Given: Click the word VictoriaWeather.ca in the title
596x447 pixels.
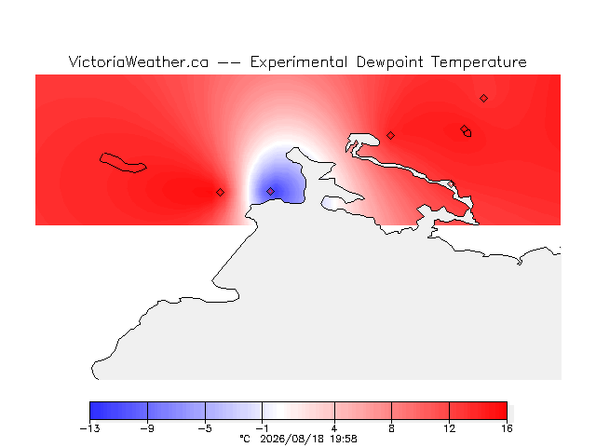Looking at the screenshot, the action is [x=139, y=61].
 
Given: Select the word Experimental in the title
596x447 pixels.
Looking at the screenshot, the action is [x=298, y=62].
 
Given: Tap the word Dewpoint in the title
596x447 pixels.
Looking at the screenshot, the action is [x=389, y=62].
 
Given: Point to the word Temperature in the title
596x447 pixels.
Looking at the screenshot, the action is [x=479, y=62].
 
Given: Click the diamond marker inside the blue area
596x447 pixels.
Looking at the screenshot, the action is [x=270, y=191].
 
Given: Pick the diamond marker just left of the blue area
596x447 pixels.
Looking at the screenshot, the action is [x=220, y=193].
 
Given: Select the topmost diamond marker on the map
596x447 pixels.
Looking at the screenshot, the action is [x=483, y=99].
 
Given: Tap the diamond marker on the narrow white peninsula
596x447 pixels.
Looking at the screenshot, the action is [x=451, y=184].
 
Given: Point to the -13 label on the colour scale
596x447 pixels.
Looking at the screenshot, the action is [x=89, y=428].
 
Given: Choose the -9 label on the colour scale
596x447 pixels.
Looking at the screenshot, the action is [x=147, y=428].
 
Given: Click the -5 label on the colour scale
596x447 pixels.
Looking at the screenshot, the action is [x=205, y=428].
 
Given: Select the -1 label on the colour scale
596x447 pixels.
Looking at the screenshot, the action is [x=262, y=428].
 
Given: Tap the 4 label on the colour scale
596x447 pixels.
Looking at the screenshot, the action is [x=334, y=428].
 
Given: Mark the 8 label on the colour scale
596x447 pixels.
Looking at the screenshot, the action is [x=391, y=428].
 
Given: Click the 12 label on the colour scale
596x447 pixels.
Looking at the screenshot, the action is [x=449, y=428].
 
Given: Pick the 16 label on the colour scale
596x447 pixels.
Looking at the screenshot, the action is [x=507, y=428].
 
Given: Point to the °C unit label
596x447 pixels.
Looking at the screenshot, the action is [x=245, y=439].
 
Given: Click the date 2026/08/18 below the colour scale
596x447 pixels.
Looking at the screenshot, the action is [x=291, y=439].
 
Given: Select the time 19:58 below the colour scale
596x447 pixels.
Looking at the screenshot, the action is [x=344, y=439].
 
